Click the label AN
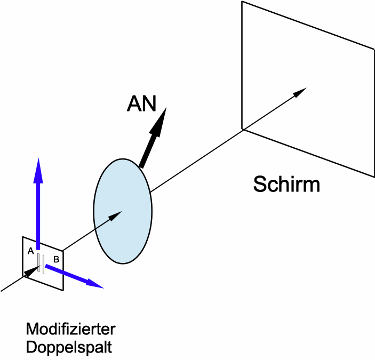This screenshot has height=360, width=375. click(x=141, y=104)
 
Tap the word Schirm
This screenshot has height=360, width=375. click(x=286, y=185)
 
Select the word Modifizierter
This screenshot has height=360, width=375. click(x=70, y=327)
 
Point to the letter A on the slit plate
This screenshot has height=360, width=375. click(x=31, y=251)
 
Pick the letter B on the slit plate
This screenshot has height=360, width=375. click(x=56, y=260)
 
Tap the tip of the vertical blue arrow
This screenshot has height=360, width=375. click(x=38, y=160)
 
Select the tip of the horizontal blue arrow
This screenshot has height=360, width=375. click(x=101, y=286)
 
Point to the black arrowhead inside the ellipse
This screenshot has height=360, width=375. click(x=118, y=213)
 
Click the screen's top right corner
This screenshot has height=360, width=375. click(x=374, y=48)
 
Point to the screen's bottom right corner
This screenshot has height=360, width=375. click(x=374, y=175)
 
